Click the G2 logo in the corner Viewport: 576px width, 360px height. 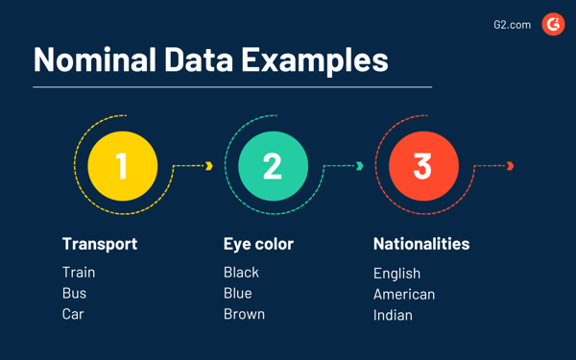[553, 24]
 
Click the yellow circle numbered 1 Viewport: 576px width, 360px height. [122, 165]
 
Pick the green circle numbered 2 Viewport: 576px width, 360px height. [273, 165]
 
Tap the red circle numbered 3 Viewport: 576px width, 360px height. [422, 165]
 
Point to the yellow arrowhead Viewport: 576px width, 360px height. [209, 166]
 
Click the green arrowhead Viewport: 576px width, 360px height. [360, 166]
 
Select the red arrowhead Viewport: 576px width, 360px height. [511, 166]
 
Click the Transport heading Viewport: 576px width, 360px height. [100, 244]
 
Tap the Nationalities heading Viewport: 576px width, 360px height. [421, 244]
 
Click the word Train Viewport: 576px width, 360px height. [79, 273]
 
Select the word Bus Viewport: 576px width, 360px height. [74, 294]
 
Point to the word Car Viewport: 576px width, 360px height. [73, 315]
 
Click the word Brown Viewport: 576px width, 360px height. [244, 315]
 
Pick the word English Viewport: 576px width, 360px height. [396, 274]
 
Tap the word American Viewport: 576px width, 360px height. [404, 295]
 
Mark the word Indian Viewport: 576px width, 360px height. [393, 316]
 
